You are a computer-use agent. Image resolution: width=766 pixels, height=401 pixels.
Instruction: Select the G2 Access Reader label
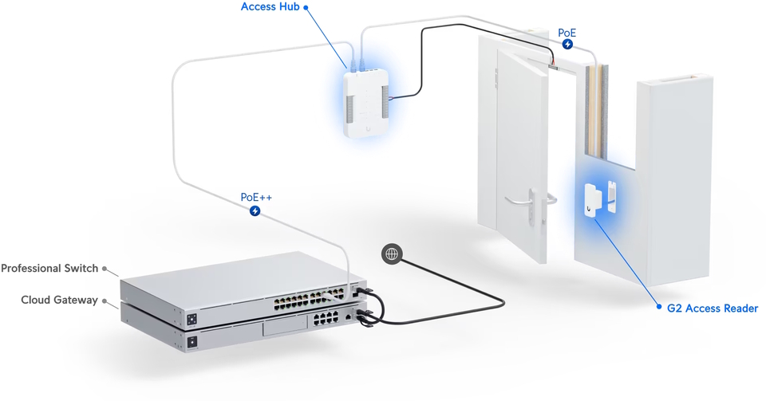(712, 308)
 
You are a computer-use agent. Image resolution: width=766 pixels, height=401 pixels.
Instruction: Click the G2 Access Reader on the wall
(594, 199)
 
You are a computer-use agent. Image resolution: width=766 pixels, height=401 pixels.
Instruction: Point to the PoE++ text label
(255, 197)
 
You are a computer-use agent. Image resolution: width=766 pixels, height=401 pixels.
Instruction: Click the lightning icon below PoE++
(255, 211)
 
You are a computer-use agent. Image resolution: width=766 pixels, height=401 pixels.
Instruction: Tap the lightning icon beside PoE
(567, 45)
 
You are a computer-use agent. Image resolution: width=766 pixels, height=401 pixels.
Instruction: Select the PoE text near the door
(567, 32)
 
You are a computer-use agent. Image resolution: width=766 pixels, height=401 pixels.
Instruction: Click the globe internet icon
(391, 254)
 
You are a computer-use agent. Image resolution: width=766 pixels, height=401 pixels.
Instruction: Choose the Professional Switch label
(49, 269)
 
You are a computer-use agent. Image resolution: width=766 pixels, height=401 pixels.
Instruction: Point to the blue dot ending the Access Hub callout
(306, 7)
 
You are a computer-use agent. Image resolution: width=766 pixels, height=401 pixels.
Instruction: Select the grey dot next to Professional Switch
(105, 269)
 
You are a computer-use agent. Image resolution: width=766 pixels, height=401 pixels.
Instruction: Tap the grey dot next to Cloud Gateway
(105, 301)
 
